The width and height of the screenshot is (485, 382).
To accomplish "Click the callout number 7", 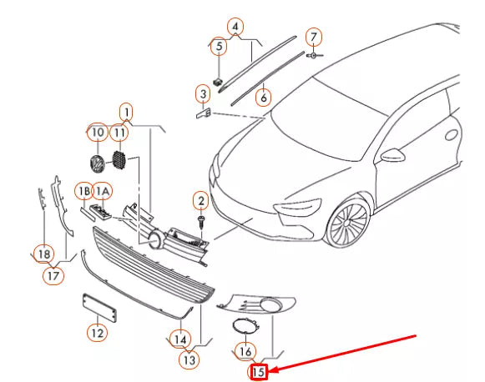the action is pos(314,37).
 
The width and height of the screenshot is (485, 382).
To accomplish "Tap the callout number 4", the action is pos(235,27).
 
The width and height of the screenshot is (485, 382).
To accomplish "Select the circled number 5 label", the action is pos(219,47).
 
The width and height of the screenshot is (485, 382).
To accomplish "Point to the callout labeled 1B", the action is pos(84,192).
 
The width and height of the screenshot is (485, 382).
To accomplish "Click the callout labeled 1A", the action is pos(103,192).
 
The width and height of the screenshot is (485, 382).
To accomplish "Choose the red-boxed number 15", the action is pos(259,372).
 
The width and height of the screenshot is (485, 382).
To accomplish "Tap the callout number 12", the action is pos(97,333).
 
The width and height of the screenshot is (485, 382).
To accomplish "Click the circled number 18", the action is pos(44,254).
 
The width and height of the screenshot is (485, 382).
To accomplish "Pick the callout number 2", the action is pos(201,201).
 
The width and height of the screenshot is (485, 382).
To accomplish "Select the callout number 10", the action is pos(98,133).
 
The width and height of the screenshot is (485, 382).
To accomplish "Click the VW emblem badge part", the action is pos(97,164).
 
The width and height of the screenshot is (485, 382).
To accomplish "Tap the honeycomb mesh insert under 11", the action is pos(119,159).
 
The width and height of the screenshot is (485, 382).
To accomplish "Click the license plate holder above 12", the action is pos(99,308).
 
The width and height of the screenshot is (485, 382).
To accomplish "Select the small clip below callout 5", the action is pos(218,82).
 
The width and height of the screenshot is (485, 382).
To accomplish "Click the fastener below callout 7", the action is pos(314,55).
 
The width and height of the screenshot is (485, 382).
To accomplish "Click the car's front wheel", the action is pos(347,222).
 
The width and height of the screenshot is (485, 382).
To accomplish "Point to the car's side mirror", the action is pos(392,155).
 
